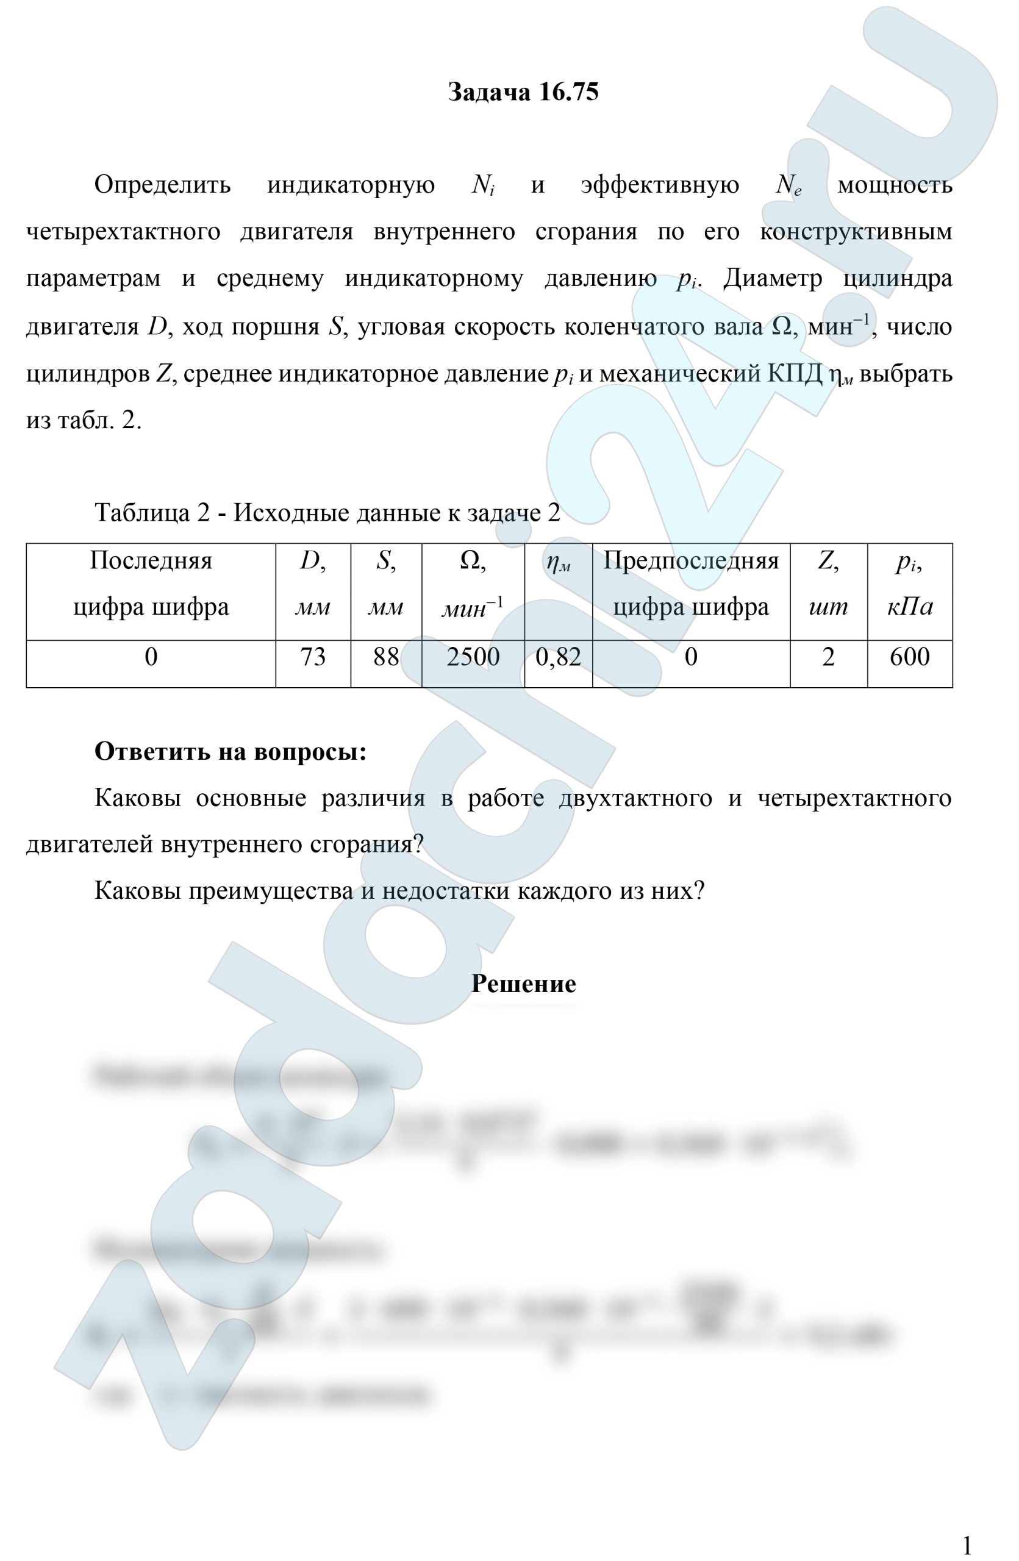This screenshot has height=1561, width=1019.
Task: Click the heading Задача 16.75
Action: (x=523, y=93)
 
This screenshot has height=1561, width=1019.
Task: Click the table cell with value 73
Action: (x=313, y=657)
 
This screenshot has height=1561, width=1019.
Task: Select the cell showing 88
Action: (x=385, y=657)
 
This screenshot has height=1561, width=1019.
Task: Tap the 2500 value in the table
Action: (x=473, y=657)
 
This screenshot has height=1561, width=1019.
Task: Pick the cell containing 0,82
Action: (x=558, y=657)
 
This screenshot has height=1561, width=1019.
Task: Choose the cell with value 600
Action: (x=909, y=657)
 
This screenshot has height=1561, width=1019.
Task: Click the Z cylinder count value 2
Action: (x=828, y=657)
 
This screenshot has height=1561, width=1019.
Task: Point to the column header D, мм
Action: (x=313, y=584)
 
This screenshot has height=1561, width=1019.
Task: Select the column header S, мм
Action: (x=385, y=584)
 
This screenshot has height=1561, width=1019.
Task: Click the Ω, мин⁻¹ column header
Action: (x=473, y=584)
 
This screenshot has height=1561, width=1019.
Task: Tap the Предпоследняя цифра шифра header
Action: (x=690, y=584)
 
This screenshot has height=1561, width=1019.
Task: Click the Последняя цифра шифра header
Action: (x=151, y=584)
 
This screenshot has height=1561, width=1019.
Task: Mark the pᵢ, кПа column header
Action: (x=909, y=584)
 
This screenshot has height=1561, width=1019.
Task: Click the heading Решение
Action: (x=523, y=983)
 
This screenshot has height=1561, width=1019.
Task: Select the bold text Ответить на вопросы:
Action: (x=230, y=751)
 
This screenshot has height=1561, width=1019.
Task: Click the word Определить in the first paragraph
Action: (x=163, y=185)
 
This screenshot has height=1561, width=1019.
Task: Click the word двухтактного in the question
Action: (x=635, y=798)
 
